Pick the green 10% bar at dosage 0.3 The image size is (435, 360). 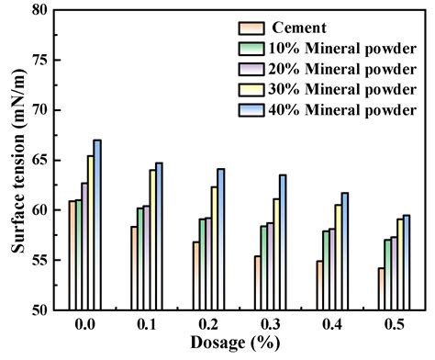point(264,267)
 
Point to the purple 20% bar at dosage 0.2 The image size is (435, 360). point(209,263)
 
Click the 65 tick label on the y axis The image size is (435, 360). point(39,160)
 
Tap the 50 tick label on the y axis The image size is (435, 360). point(39,309)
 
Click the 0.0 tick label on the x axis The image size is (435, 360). point(84,327)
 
